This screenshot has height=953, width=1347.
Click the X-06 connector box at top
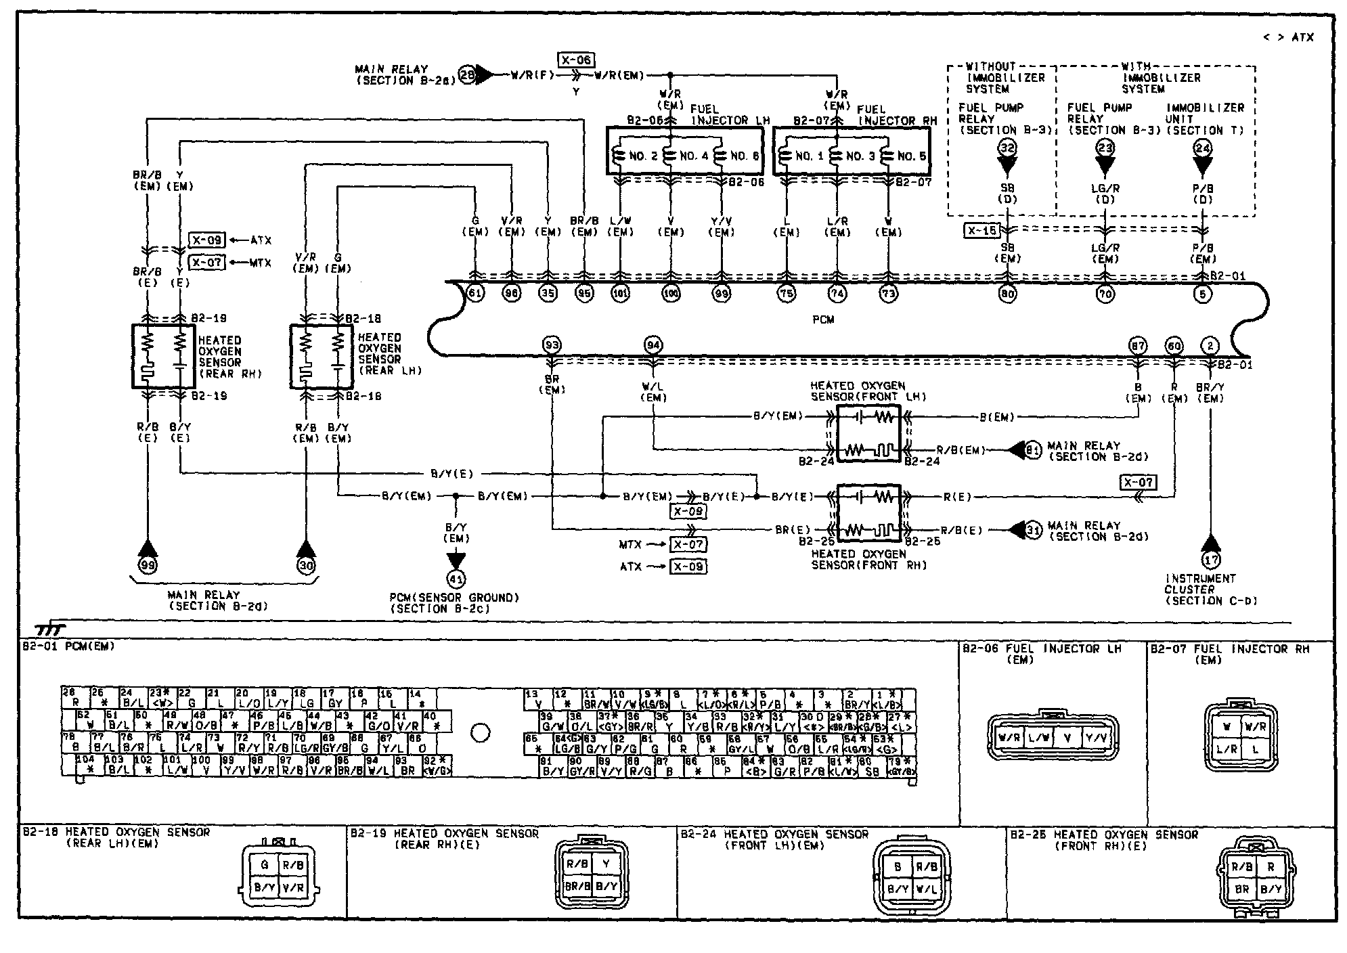(x=575, y=60)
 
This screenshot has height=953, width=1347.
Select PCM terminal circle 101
(x=620, y=294)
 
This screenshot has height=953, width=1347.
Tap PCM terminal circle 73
(x=887, y=294)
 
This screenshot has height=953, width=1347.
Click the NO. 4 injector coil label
(x=694, y=156)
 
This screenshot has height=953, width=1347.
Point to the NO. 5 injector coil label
(x=912, y=156)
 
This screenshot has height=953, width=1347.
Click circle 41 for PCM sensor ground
(x=456, y=579)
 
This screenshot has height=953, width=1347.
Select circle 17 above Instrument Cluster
(x=1210, y=560)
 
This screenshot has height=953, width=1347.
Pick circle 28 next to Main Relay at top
(x=468, y=74)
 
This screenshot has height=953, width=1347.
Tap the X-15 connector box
(x=981, y=231)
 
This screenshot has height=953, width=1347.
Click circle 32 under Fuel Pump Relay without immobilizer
(x=1007, y=148)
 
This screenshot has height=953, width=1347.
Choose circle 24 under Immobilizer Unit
(x=1202, y=148)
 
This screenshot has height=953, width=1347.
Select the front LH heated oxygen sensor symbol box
(x=868, y=433)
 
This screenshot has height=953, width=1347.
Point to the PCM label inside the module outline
(x=823, y=319)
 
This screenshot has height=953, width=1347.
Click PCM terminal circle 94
(x=653, y=346)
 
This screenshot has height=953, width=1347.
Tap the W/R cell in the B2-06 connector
(x=1009, y=738)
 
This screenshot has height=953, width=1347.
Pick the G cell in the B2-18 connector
(x=265, y=865)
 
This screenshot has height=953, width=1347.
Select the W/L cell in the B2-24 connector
(x=926, y=889)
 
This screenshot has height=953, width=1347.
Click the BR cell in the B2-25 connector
(x=1241, y=889)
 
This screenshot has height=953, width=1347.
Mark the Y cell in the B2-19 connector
(x=606, y=864)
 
